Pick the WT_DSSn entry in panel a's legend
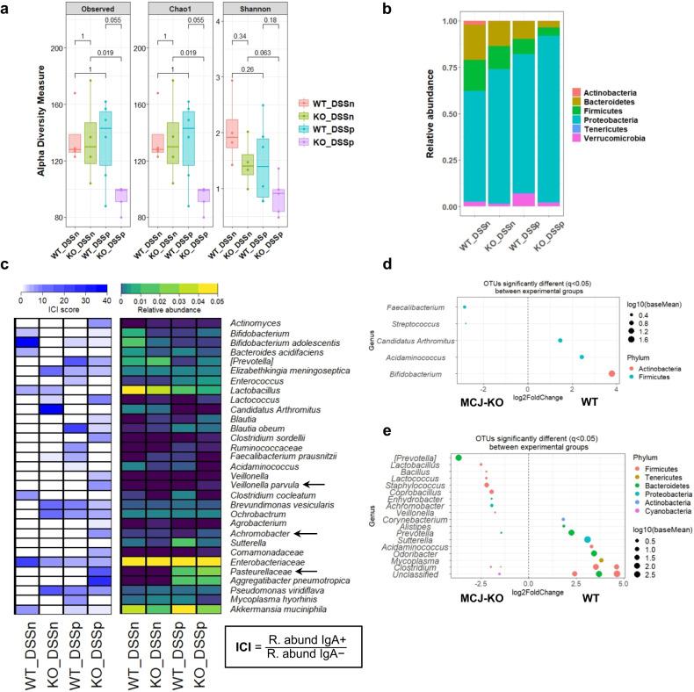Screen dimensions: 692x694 (x=319, y=104)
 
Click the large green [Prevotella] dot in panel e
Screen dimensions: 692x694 (x=459, y=458)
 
